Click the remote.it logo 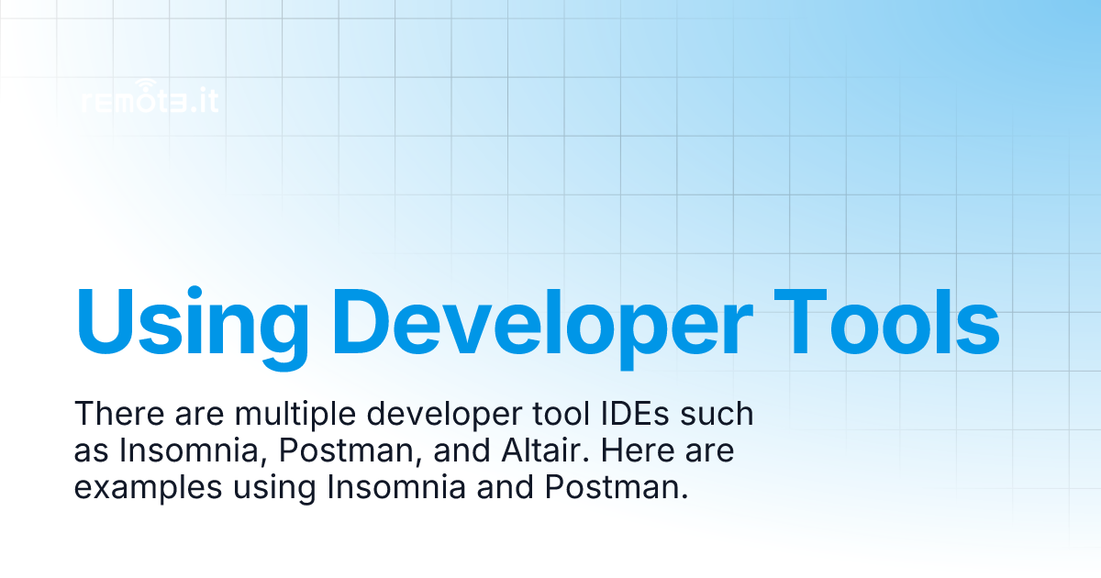tap(150, 100)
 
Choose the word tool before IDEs tap(569, 415)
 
